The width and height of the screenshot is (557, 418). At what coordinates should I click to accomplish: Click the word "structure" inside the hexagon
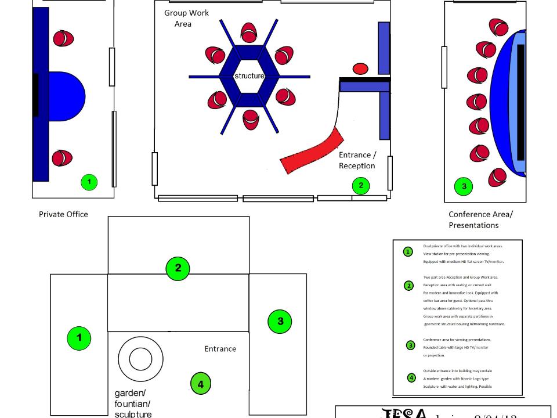click(249, 76)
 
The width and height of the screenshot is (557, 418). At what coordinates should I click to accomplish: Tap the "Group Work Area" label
click(186, 19)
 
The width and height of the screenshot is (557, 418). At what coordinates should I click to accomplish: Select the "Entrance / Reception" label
click(357, 160)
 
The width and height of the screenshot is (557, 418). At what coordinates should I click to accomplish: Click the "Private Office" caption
click(63, 214)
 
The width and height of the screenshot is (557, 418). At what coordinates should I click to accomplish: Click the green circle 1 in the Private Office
click(89, 182)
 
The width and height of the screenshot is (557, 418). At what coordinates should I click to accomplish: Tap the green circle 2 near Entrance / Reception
click(361, 186)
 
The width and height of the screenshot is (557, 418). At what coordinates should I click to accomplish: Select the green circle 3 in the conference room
click(464, 186)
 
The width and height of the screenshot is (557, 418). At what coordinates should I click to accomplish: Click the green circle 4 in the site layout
click(201, 383)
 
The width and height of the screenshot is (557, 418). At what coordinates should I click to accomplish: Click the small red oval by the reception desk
click(361, 69)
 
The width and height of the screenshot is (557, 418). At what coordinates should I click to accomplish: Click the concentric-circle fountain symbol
click(140, 358)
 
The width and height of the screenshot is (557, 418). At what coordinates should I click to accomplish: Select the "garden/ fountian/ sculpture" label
click(133, 403)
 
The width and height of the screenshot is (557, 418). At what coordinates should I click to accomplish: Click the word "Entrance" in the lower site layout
click(220, 349)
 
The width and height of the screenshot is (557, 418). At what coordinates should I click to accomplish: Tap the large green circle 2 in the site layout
click(178, 268)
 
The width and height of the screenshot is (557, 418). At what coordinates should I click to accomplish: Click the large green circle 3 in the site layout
click(280, 322)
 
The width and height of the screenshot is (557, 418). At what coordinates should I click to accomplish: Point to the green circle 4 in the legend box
click(411, 378)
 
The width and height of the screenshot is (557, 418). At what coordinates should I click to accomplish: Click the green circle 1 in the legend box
click(408, 252)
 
